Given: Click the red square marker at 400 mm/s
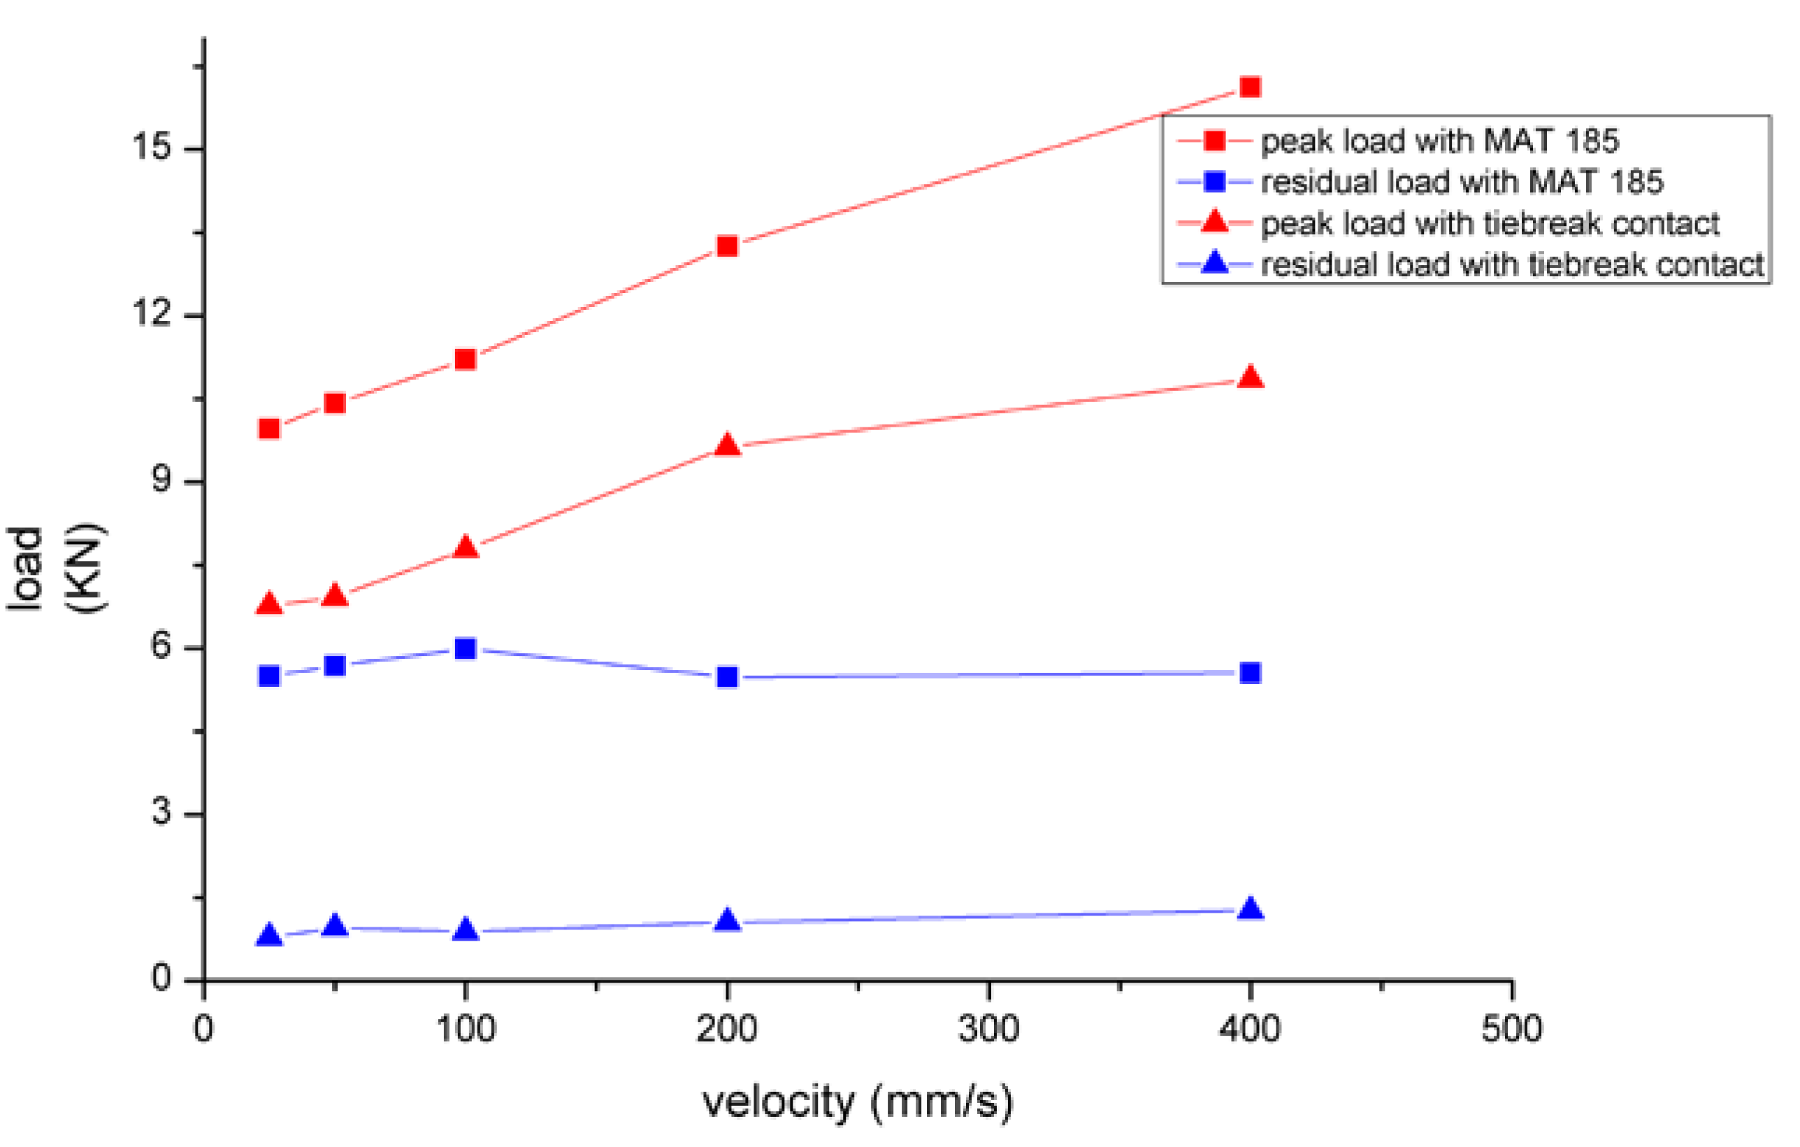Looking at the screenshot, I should [x=1250, y=87].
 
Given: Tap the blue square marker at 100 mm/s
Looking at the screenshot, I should [x=465, y=648].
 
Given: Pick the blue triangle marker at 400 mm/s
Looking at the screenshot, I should [x=1250, y=910].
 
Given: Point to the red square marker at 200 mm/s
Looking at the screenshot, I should [x=727, y=246].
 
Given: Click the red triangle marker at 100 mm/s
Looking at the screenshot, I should [x=465, y=548].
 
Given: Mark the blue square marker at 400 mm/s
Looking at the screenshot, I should [x=1250, y=673].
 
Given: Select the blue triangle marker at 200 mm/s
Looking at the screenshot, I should [x=727, y=921].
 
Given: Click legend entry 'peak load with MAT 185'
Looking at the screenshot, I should [x=1439, y=141].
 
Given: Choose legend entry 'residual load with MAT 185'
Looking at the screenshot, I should [x=1462, y=182].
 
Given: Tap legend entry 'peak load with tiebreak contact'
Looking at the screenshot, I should [x=1489, y=224].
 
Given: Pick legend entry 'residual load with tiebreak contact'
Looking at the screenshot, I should [x=1511, y=264].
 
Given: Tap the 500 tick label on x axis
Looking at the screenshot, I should [x=1511, y=1030].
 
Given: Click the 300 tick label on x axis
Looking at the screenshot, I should [x=988, y=1030].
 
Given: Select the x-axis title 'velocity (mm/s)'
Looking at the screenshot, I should [x=858, y=1103].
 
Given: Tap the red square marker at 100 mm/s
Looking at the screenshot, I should [x=465, y=360].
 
